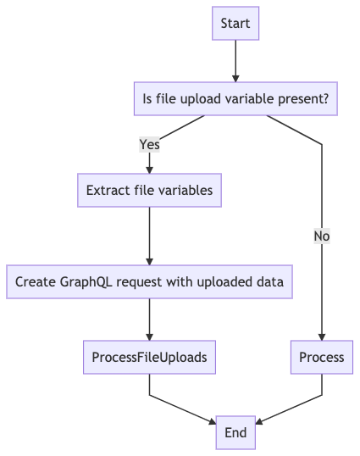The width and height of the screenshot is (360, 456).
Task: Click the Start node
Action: click(235, 24)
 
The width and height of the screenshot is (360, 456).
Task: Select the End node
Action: click(235, 432)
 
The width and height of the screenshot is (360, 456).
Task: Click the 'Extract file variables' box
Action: click(149, 190)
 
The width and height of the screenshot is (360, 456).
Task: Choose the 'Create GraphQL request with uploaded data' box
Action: click(149, 281)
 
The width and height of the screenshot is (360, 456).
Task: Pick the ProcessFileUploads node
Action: click(149, 357)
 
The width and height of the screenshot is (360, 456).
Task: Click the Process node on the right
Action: click(322, 357)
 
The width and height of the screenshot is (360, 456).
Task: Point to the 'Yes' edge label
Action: click(149, 144)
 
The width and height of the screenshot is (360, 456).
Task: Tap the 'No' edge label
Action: click(322, 236)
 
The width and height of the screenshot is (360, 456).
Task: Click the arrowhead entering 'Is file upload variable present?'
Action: click(235, 77)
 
